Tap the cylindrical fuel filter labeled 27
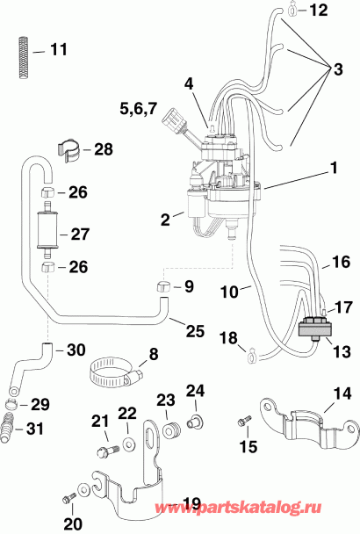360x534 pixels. pos(49,235)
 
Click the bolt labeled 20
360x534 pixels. pos(70,501)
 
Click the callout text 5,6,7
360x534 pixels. pos(138,108)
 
